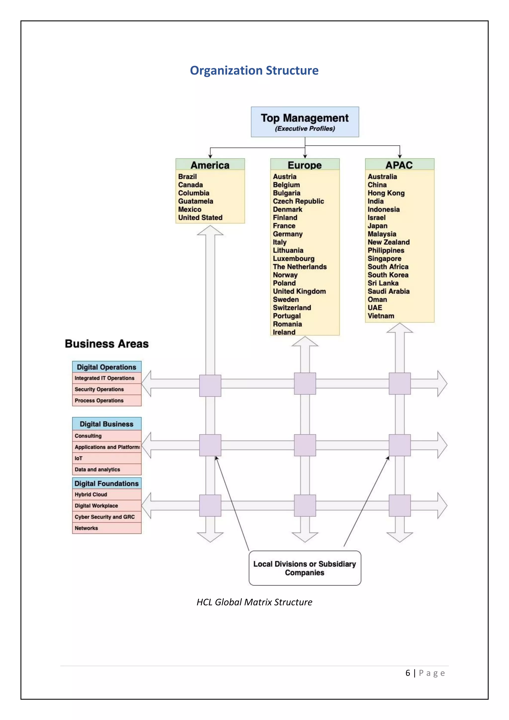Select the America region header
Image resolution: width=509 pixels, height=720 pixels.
(210, 165)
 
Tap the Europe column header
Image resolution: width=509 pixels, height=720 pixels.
(305, 165)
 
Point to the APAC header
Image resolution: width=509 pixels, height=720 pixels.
(399, 165)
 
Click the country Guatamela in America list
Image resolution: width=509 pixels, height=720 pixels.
(196, 201)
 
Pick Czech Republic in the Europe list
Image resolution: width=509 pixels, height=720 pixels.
(298, 201)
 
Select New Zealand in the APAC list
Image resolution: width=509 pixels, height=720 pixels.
(388, 242)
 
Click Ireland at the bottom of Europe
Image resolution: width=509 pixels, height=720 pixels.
(284, 332)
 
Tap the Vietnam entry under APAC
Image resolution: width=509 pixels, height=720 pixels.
(381, 316)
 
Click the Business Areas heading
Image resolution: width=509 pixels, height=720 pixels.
(107, 344)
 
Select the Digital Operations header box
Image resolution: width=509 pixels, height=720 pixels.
(107, 367)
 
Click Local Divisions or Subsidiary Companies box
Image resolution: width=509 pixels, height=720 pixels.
(305, 568)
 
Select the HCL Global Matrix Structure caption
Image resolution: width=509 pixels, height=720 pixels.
(254, 602)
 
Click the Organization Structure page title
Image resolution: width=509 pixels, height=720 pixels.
(254, 70)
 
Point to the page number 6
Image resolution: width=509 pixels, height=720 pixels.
(407, 673)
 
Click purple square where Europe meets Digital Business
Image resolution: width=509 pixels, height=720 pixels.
(305, 445)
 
